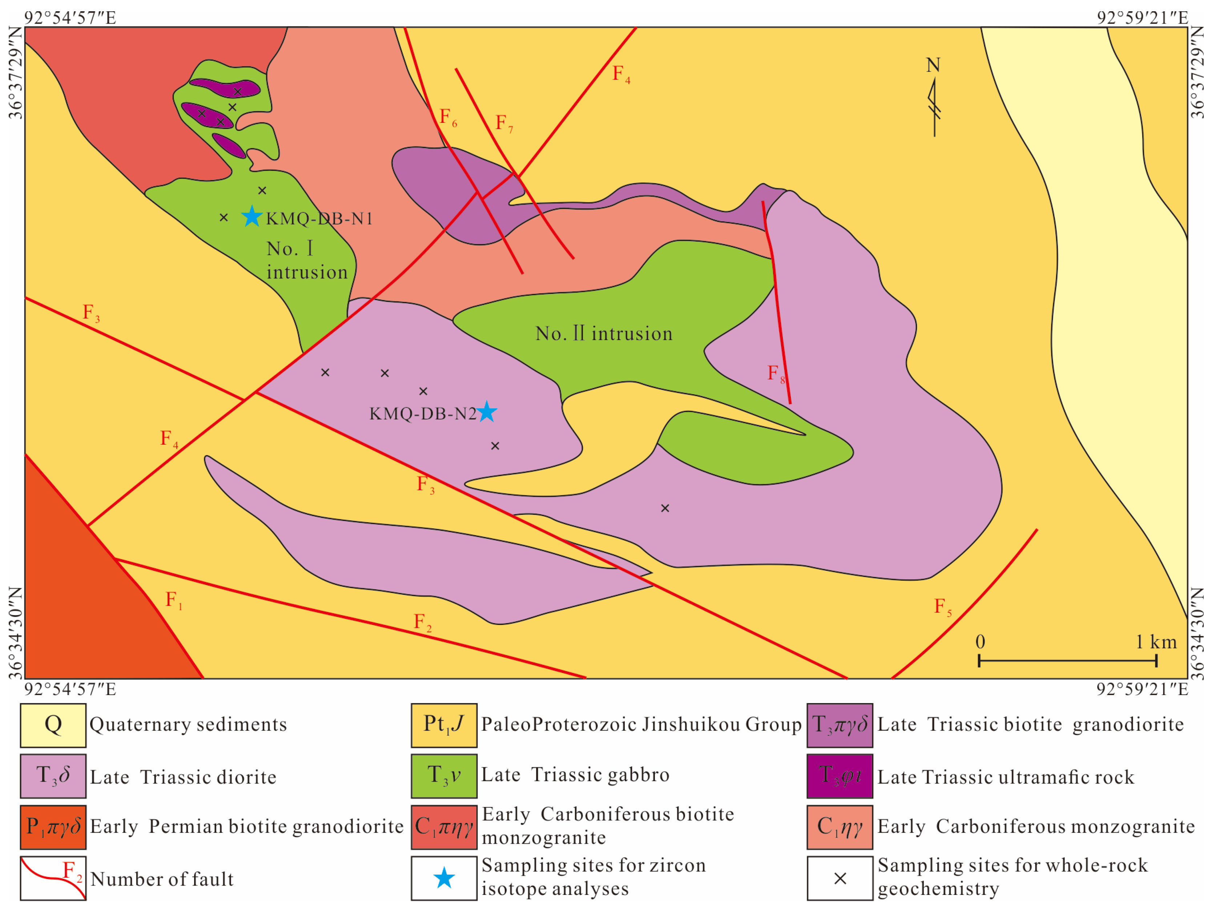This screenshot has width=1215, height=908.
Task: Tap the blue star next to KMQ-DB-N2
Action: (x=487, y=412)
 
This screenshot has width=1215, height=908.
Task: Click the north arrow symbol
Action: (x=934, y=102)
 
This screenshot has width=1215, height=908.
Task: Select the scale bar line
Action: (x=1067, y=661)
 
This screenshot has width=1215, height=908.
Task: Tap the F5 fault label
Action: (x=942, y=607)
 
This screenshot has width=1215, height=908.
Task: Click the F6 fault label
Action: (x=448, y=117)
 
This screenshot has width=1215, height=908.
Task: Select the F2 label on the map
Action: (x=422, y=622)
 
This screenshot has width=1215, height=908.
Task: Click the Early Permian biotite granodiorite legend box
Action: (x=53, y=827)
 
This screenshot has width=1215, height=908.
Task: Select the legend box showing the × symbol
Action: (x=839, y=878)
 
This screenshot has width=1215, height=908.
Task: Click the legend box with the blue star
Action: (x=444, y=878)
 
